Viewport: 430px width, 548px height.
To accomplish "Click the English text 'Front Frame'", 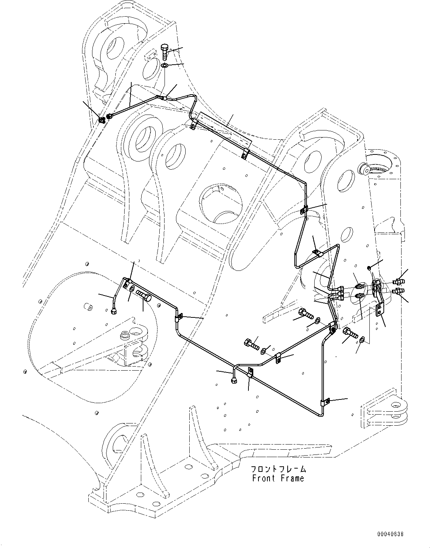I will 278,478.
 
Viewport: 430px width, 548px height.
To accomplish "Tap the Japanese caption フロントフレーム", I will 278,469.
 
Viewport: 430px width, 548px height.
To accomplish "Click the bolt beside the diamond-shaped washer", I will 350,333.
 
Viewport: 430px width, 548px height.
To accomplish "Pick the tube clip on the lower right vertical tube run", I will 325,401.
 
